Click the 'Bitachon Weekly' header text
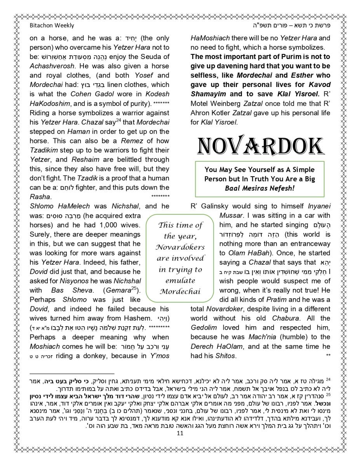52,26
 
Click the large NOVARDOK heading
260,146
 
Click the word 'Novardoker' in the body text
225,309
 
